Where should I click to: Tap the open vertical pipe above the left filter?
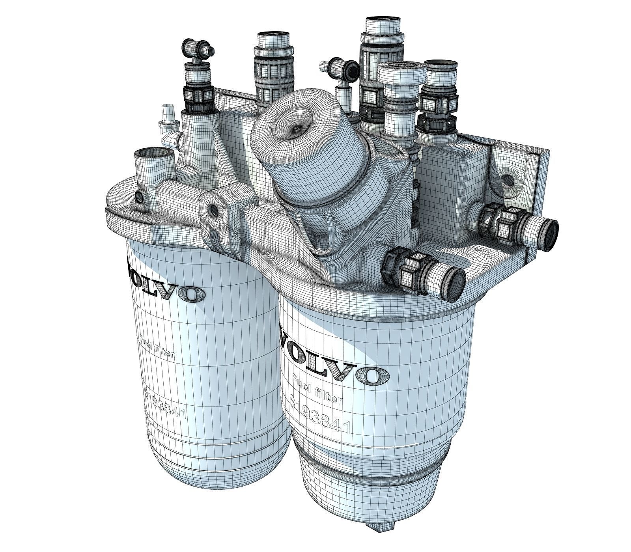click(153, 155)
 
